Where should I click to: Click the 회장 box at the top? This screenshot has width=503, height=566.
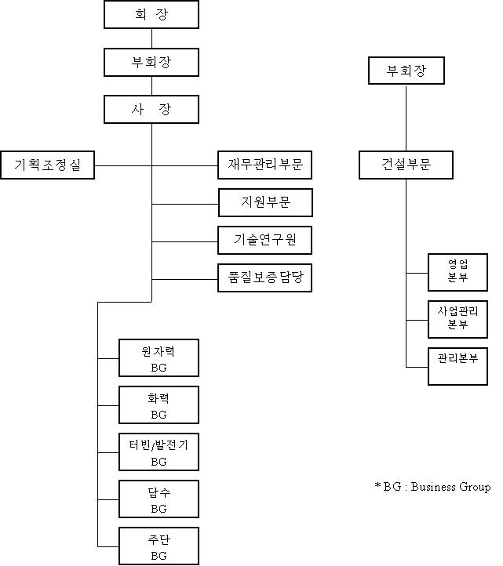[151, 14]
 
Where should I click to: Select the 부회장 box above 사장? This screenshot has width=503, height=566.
[151, 62]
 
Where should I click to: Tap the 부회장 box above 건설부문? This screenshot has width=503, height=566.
[406, 71]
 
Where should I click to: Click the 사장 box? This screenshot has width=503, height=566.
[151, 109]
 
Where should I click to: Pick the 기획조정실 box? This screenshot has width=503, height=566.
[48, 165]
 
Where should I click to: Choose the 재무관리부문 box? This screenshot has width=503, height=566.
[265, 165]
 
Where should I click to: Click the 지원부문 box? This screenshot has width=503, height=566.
[265, 202]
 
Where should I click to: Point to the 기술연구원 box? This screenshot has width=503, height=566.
[265, 240]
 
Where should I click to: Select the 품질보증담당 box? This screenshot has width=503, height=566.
[265, 278]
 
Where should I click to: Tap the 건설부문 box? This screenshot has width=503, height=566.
[406, 165]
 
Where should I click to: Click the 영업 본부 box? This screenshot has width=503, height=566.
[457, 272]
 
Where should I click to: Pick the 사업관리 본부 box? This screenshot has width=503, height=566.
[457, 319]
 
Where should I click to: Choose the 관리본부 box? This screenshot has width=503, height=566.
[457, 366]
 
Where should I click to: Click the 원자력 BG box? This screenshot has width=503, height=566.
[159, 357]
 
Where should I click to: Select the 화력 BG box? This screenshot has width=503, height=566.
[159, 405]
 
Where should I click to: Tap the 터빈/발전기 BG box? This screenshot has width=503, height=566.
[159, 452]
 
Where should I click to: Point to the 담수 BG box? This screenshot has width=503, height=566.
[159, 499]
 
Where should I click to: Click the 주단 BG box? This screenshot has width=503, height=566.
[159, 546]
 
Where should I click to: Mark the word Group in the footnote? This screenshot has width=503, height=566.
[476, 488]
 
